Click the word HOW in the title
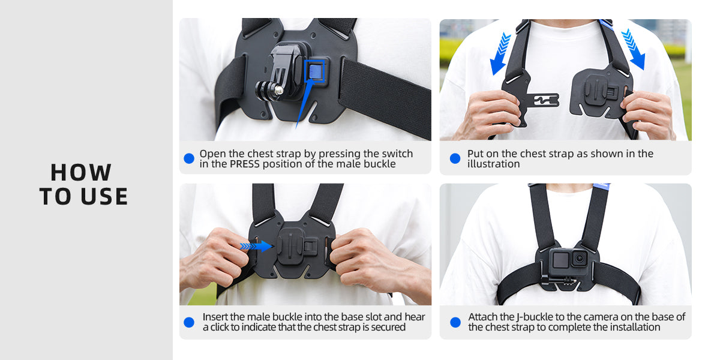click(x=80, y=172)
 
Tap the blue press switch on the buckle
click(x=315, y=70)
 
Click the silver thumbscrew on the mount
click(x=278, y=90)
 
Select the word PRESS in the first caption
click(x=244, y=164)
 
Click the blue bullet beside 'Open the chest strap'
click(x=189, y=158)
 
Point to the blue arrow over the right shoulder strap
click(x=633, y=49)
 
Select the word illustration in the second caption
click(x=493, y=164)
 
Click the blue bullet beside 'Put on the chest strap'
click(x=455, y=158)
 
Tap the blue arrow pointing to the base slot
click(x=256, y=246)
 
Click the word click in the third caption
click(x=220, y=328)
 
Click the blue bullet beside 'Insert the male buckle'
click(x=189, y=322)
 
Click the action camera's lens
click(x=579, y=258)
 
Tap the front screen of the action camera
click(x=560, y=259)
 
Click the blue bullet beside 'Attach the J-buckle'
click(x=455, y=322)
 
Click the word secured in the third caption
click(x=388, y=328)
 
